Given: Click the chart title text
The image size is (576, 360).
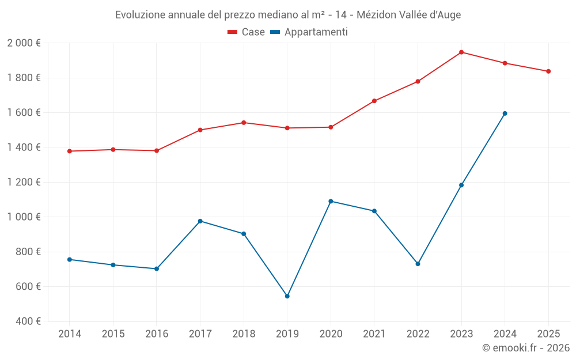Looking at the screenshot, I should (x=288, y=14).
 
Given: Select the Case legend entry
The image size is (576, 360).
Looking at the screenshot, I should (x=246, y=32).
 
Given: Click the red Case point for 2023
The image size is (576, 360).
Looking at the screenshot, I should (x=461, y=52).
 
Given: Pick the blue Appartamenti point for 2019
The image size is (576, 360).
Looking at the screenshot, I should (x=287, y=296).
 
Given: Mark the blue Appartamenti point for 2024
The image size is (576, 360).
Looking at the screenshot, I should (x=505, y=113).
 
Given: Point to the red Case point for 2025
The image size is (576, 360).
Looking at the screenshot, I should (x=548, y=71).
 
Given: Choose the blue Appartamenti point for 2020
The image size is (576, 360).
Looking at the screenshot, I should (x=331, y=201).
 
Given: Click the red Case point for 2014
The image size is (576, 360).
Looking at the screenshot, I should (x=70, y=151).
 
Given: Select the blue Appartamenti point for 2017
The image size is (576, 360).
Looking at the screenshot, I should (x=200, y=221).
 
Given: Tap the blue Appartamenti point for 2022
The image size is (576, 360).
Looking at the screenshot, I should (x=418, y=264).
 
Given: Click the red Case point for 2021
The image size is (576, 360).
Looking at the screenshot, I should (x=374, y=101).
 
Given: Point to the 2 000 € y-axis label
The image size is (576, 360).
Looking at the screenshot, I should (x=24, y=43).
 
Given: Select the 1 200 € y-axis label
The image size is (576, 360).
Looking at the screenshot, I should (x=24, y=182).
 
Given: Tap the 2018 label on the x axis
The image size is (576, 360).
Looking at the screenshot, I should (x=244, y=334).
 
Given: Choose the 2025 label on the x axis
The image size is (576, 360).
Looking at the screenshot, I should (x=548, y=334).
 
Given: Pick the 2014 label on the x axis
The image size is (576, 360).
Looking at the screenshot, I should (x=70, y=334).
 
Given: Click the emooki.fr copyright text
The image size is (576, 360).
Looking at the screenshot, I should (x=526, y=348).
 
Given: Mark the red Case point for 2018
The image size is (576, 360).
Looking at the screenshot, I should (x=244, y=123).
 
